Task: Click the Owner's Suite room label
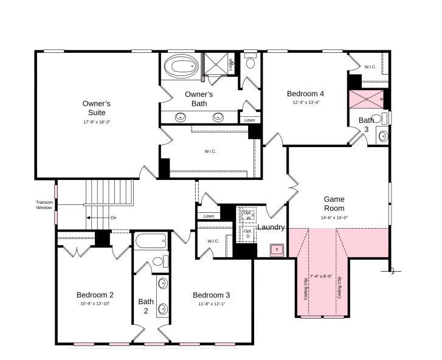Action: pyautogui.click(x=96, y=108)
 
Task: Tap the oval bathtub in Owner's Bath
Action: pyautogui.click(x=180, y=66)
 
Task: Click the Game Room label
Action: pyautogui.click(x=334, y=204)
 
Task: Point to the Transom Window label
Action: pyautogui.click(x=44, y=206)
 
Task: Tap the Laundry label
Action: pyautogui.click(x=271, y=227)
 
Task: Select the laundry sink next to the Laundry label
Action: pyautogui.click(x=278, y=249)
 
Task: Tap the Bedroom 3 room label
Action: pyautogui.click(x=211, y=295)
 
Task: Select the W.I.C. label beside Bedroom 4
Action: pyautogui.click(x=370, y=67)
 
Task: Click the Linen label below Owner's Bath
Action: pyautogui.click(x=249, y=120)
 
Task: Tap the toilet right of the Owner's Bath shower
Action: pyautogui.click(x=250, y=62)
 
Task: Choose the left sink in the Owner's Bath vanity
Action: pyautogui.click(x=181, y=117)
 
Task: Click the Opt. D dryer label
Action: pyautogui.click(x=247, y=233)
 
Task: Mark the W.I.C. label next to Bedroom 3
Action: pyautogui.click(x=213, y=241)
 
